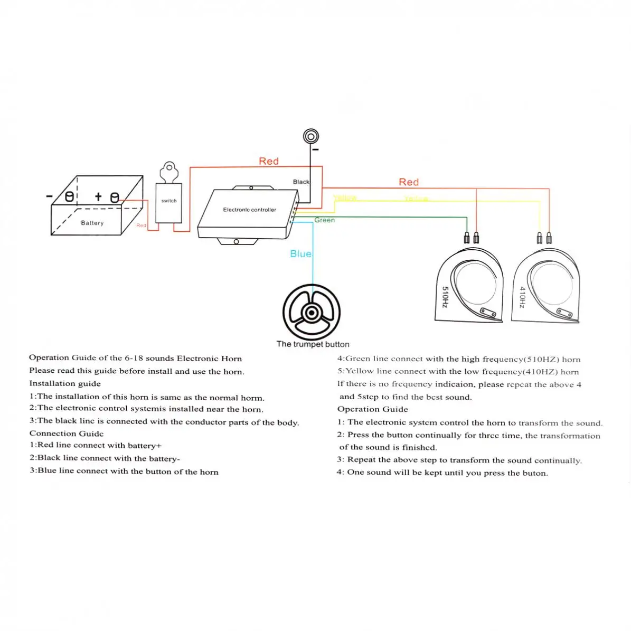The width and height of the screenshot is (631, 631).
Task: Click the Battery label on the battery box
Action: point(92,223)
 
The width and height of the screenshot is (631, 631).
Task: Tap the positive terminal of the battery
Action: point(114,198)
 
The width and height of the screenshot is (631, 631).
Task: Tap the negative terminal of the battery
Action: point(69,197)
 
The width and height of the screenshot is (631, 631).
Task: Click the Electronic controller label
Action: point(249,210)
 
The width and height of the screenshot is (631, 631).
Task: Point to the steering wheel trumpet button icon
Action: point(312,313)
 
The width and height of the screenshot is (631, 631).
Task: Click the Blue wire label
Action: point(300,254)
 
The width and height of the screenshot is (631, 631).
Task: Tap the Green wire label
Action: point(324,220)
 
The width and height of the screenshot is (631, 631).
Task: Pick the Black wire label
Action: point(301,182)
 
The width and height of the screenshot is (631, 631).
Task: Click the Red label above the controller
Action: point(268,161)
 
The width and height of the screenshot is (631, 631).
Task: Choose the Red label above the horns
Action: point(408,182)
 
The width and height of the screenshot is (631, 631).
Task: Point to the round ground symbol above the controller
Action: point(311,137)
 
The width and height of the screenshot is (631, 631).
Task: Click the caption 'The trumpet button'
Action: point(313,344)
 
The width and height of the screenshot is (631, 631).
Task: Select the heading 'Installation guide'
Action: point(65,383)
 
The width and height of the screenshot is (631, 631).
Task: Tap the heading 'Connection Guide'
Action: point(67,434)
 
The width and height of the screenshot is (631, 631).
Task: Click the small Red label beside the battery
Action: point(141,225)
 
